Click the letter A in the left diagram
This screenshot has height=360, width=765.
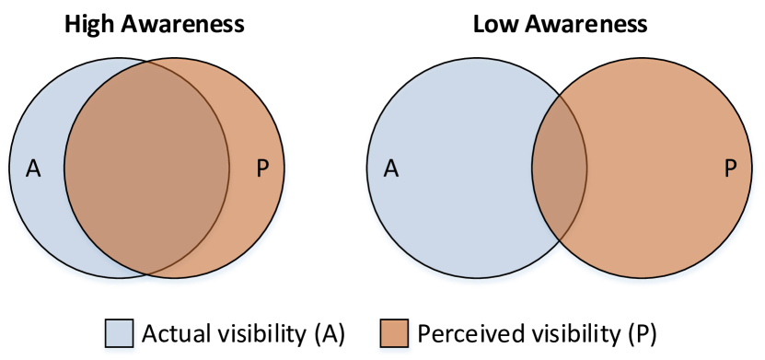click(x=33, y=169)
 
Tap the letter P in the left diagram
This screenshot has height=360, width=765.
click(x=262, y=169)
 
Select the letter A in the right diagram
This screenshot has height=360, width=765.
click(x=391, y=169)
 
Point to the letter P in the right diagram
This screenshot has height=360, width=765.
click(x=730, y=169)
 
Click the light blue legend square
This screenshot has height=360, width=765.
click(x=119, y=333)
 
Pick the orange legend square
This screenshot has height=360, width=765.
click(x=394, y=333)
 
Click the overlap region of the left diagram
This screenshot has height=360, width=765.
click(x=147, y=168)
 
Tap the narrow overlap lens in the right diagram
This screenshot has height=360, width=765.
click(x=560, y=168)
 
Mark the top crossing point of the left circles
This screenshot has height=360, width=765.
click(x=147, y=62)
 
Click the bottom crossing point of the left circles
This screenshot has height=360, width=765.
click(x=147, y=274)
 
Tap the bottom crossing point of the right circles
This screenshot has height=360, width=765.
click(x=560, y=242)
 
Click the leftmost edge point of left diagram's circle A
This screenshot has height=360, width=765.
click(x=9, y=168)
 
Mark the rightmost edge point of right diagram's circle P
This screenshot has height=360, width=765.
click(x=752, y=168)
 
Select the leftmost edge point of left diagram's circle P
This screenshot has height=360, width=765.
click(x=64, y=168)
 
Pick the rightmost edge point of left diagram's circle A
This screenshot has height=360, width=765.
click(x=229, y=168)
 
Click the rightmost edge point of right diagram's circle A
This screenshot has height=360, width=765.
click(x=586, y=168)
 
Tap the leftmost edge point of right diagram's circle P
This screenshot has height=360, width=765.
click(x=532, y=168)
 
